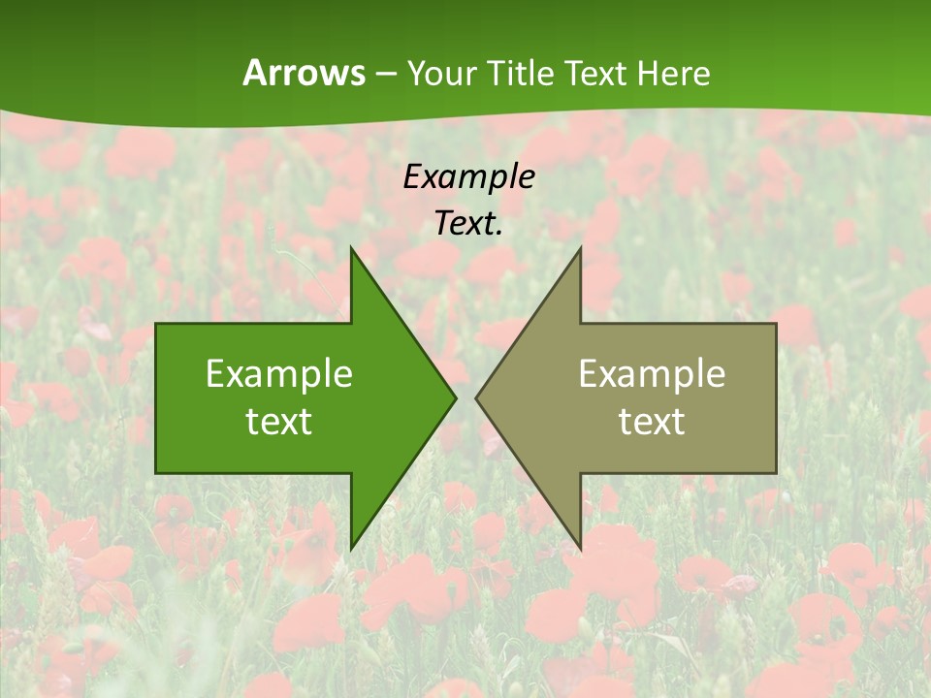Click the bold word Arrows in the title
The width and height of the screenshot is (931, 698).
tap(304, 73)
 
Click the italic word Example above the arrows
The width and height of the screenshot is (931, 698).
tap(468, 176)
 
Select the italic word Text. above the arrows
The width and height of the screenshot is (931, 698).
tap(468, 223)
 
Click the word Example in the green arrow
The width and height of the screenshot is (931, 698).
tap(279, 373)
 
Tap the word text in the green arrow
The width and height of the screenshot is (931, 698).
tap(279, 421)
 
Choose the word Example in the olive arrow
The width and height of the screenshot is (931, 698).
tap(652, 373)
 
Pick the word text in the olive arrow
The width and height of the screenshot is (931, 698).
tap(652, 421)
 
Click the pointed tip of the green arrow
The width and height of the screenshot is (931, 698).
tap(456, 397)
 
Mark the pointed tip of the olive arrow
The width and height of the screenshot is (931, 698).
tap(475, 397)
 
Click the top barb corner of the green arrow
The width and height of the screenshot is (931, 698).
tap(351, 247)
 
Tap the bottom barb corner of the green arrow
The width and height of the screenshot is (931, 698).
tap(351, 549)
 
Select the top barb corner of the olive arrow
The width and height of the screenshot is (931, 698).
tap(580, 247)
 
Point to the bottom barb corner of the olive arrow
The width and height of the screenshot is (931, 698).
tap(580, 549)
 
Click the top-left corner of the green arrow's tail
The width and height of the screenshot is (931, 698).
tap(156, 324)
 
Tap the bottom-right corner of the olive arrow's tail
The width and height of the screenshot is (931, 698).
tap(776, 472)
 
